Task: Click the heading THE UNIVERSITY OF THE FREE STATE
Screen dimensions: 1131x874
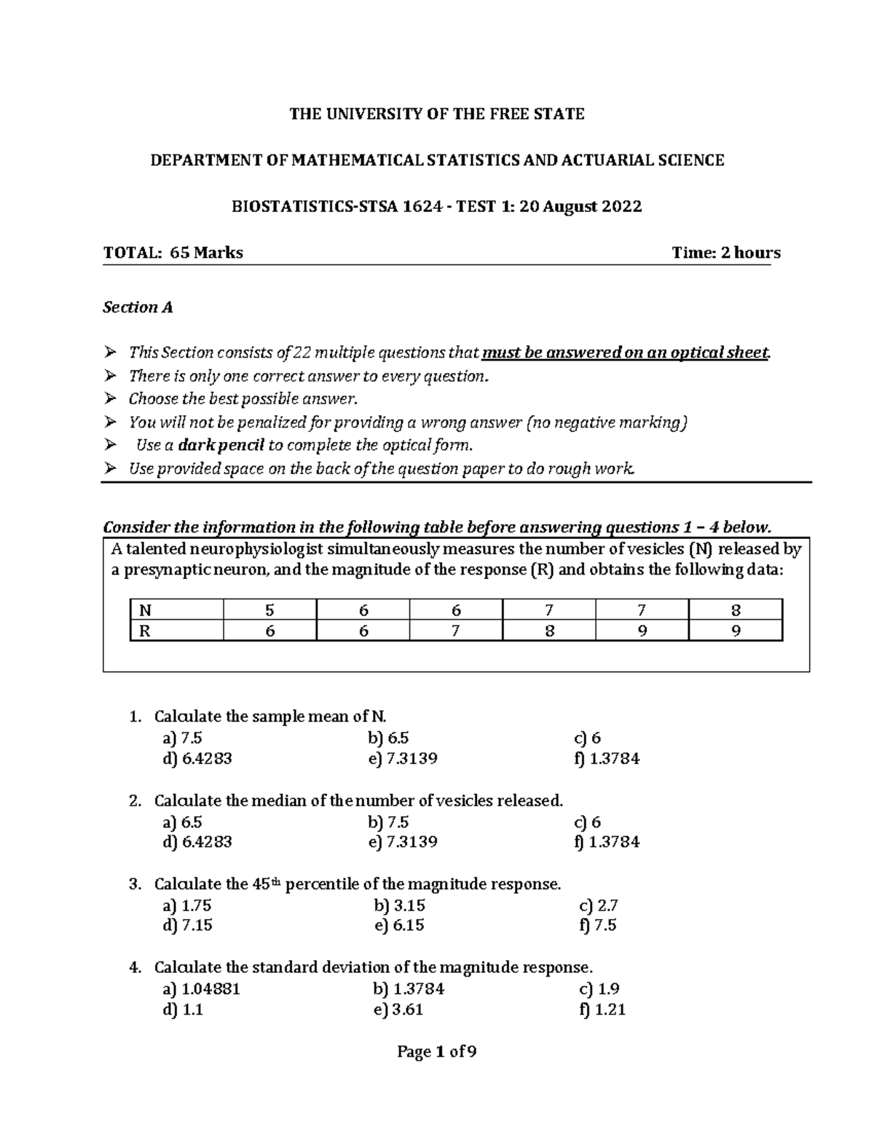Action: [x=437, y=114]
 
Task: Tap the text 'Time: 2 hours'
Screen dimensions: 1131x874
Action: [x=726, y=253]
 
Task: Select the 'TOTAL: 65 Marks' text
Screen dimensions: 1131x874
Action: [x=173, y=253]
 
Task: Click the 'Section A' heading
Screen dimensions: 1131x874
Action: [x=138, y=307]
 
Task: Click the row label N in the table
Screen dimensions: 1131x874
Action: [x=145, y=610]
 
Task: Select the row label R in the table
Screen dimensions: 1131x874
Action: [x=145, y=631]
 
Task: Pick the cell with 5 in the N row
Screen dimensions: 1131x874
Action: [x=270, y=610]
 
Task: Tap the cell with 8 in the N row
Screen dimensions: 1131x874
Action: [x=736, y=610]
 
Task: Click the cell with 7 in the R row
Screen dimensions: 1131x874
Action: [x=456, y=631]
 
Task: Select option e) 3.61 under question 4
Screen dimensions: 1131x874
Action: [x=398, y=1009]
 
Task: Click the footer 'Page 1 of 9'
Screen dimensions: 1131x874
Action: [x=437, y=1052]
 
